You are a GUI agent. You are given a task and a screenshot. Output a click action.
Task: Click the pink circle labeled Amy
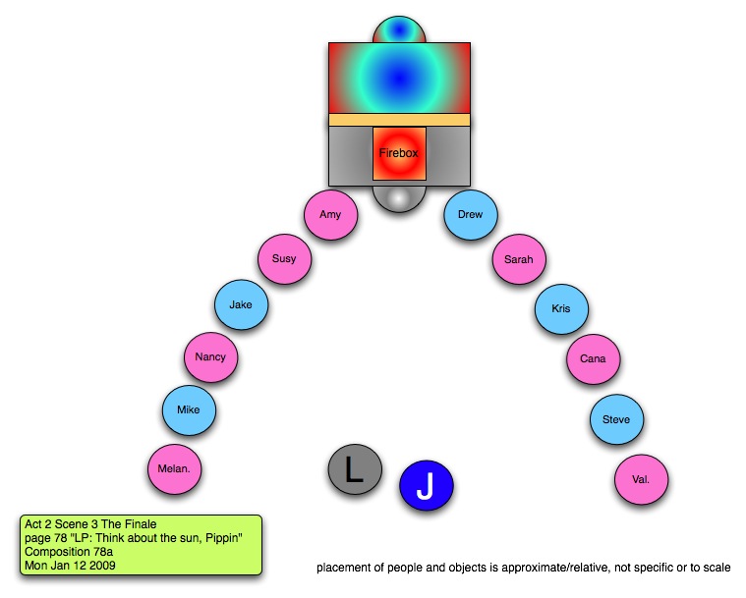[x=330, y=214]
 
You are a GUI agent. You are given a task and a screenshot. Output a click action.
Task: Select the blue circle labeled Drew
[x=471, y=214]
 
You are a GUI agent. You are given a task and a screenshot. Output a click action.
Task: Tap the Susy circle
[x=284, y=259]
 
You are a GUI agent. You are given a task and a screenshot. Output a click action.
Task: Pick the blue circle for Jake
[x=241, y=305]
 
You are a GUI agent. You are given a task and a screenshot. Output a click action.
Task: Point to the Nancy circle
[x=210, y=357]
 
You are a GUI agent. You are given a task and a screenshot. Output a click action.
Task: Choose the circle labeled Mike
[x=189, y=409]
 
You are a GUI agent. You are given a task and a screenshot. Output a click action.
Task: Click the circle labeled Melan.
[x=174, y=469]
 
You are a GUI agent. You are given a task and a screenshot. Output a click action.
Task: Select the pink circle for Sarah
[x=519, y=259]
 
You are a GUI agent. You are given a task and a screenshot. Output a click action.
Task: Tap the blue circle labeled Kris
[x=561, y=309]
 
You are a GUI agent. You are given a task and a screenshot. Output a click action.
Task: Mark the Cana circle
[x=593, y=359]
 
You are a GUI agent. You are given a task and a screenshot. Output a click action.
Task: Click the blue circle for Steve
[x=616, y=420]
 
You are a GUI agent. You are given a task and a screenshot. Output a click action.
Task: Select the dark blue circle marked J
[x=426, y=486]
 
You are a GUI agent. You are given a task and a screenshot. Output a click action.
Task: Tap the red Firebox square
[x=399, y=154]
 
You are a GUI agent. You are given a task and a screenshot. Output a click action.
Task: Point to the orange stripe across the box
[x=399, y=120]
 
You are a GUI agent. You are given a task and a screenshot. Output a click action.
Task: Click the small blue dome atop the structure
[x=399, y=30]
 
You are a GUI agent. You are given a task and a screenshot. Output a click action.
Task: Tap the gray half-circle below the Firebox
[x=399, y=197]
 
